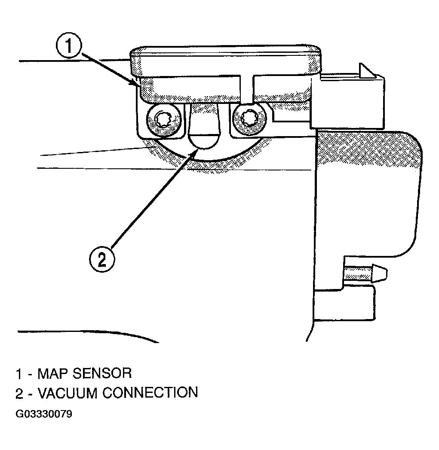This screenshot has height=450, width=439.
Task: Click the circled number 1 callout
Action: coord(69,46)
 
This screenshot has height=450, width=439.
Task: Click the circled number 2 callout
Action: coord(102,259)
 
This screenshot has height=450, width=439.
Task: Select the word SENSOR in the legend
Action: coord(102,374)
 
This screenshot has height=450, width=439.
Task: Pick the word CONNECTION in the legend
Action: coord(150,392)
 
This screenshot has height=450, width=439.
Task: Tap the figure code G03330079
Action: coord(44,414)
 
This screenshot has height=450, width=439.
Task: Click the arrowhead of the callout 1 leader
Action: coord(135,83)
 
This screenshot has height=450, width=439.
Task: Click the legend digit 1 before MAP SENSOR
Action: coord(18,374)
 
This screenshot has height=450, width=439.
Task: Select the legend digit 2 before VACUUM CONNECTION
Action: coord(19,393)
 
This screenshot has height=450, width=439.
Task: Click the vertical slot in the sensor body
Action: coord(246,89)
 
